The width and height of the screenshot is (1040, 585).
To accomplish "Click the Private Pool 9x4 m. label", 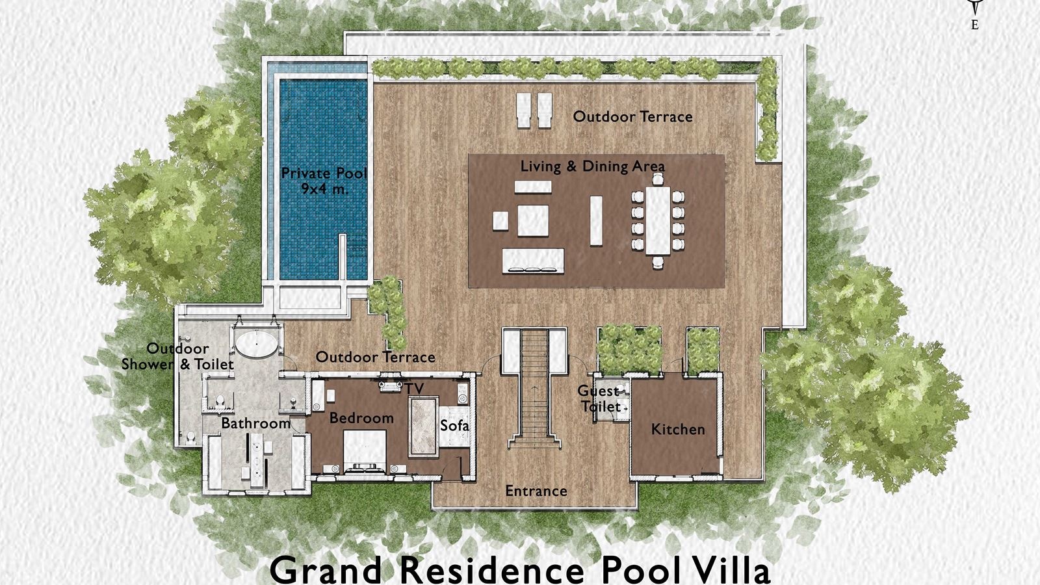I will click(x=324, y=181).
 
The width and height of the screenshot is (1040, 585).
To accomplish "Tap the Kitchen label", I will click(x=678, y=429).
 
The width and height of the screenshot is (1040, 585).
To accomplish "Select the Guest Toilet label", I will click(x=599, y=398).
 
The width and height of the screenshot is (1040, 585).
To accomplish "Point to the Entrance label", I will click(x=536, y=491).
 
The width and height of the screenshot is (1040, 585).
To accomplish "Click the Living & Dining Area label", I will click(x=592, y=166).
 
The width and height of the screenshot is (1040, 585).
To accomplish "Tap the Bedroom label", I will click(x=361, y=418).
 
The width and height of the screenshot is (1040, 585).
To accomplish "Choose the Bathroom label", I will click(x=255, y=423).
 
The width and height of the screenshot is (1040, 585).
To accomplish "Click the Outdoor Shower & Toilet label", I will click(x=177, y=356).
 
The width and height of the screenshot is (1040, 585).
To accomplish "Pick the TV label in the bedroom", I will click(x=415, y=389).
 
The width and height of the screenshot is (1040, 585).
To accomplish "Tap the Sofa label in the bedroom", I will click(x=454, y=426).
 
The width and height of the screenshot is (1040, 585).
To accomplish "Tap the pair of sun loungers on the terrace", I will click(x=534, y=110).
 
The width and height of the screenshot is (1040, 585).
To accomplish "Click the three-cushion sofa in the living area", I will click(x=533, y=261).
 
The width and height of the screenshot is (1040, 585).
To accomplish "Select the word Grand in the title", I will click(x=326, y=569).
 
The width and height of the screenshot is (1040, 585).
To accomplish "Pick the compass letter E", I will click(x=974, y=25).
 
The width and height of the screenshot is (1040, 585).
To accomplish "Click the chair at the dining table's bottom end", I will click(x=658, y=262).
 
